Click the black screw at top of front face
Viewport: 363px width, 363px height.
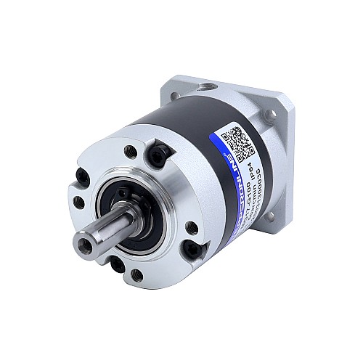coord(160,152)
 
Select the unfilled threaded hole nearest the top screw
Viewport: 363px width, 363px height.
coord(129,151)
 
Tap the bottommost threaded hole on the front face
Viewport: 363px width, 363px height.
coord(136,274)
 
